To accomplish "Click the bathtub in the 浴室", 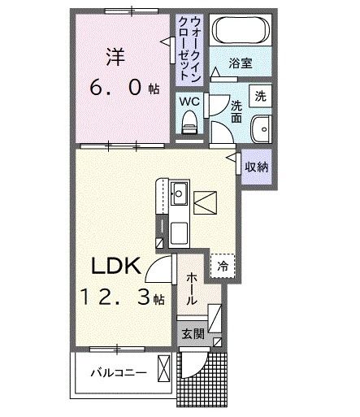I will click(x=243, y=33).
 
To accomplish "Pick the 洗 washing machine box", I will click(x=259, y=94).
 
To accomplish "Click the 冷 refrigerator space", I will click(x=221, y=264).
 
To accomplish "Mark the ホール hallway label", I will click(x=190, y=289).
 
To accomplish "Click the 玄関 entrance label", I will click(x=192, y=332).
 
